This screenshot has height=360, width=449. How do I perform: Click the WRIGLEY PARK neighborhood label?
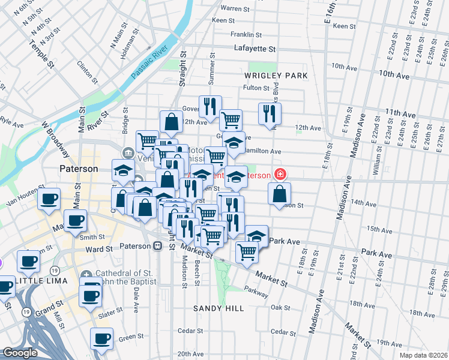pos(276,76)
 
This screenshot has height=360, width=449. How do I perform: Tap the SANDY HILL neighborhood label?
pos(218,308)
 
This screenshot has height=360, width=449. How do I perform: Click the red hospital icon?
pos(279,175)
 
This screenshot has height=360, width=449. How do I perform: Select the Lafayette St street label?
pos(254,49)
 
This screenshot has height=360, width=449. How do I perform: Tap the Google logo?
pos(20,353)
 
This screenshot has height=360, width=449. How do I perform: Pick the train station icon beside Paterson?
pos(158,246)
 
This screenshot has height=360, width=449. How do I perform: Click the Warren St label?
pos(235,8)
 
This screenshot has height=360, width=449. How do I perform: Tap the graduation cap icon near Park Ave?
pos(256,235)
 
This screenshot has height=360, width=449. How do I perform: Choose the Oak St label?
pos(280,307)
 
